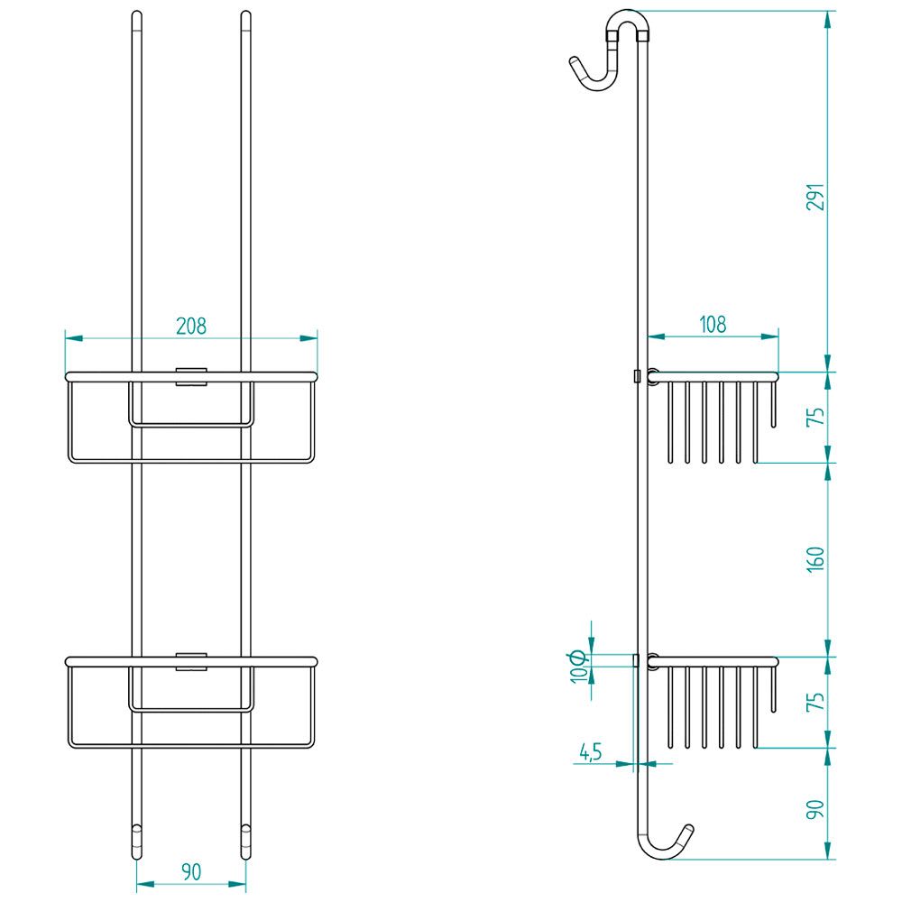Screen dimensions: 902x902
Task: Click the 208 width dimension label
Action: coord(191,327)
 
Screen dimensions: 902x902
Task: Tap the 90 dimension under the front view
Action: coord(191,872)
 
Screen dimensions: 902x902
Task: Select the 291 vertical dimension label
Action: coord(815,197)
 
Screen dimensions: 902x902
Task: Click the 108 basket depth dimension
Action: coord(713,325)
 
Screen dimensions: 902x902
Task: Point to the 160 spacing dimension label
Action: coord(815,559)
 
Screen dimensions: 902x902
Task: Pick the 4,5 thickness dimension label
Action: coord(590,752)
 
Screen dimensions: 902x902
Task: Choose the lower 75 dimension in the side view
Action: coord(815,702)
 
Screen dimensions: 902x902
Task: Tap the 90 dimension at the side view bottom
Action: coord(815,809)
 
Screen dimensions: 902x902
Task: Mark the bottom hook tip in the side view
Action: coord(689,829)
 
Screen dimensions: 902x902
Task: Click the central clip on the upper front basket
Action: coord(191,376)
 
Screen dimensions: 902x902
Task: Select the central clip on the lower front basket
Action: coord(191,661)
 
